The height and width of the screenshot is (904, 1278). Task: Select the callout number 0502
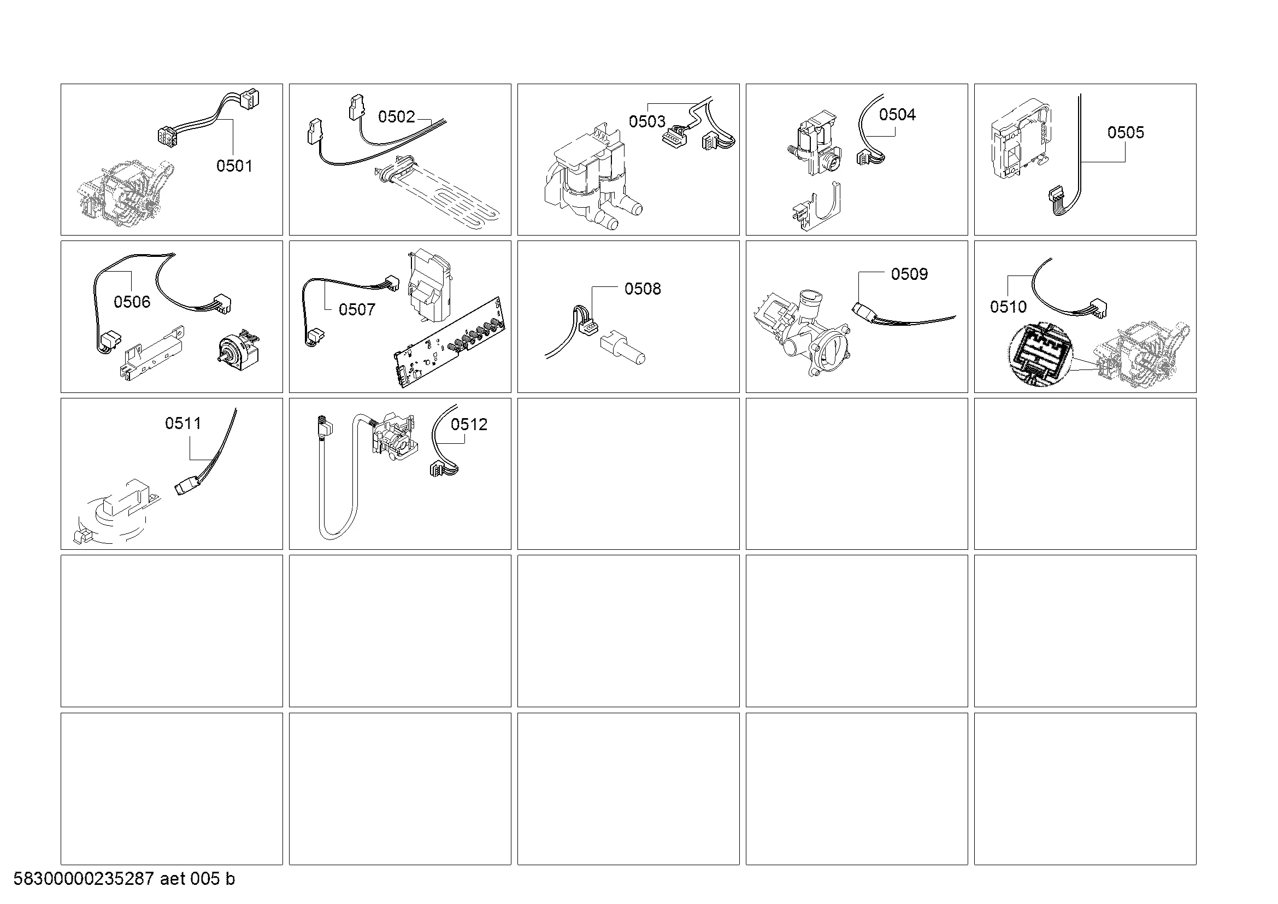(396, 116)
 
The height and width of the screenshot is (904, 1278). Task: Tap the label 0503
(647, 121)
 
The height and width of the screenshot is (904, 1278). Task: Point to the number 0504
(897, 114)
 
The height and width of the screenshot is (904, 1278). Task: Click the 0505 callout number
(1126, 132)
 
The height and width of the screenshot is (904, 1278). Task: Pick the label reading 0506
(132, 302)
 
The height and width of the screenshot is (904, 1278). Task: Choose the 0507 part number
(357, 309)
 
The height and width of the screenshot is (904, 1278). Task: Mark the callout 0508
(643, 289)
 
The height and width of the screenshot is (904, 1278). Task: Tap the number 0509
(910, 274)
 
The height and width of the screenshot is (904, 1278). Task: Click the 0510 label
(1008, 306)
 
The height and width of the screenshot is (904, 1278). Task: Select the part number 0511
(183, 423)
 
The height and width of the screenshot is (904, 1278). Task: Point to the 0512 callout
(469, 424)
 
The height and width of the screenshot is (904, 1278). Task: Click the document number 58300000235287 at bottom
(84, 879)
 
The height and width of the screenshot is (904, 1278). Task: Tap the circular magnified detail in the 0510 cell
(1039, 355)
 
